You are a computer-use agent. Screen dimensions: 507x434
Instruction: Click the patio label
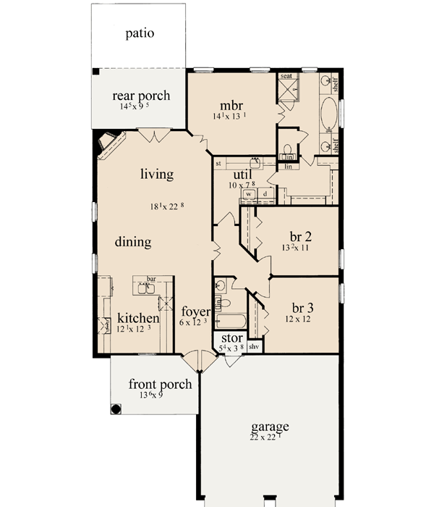click(140, 33)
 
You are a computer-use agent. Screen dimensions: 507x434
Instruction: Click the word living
click(157, 174)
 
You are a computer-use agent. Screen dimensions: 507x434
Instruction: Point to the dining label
click(133, 242)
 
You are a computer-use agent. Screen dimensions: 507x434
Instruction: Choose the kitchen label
click(138, 318)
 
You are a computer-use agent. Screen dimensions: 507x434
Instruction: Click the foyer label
click(195, 312)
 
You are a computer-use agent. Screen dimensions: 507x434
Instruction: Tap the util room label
click(241, 175)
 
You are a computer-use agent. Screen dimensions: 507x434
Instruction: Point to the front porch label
click(161, 384)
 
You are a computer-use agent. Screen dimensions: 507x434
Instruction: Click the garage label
click(270, 427)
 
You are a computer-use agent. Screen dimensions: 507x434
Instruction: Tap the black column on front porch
click(116, 408)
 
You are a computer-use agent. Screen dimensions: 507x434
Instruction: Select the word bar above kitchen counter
click(152, 278)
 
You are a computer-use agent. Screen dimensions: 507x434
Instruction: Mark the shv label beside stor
click(254, 348)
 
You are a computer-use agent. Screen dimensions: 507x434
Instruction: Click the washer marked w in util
click(248, 194)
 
